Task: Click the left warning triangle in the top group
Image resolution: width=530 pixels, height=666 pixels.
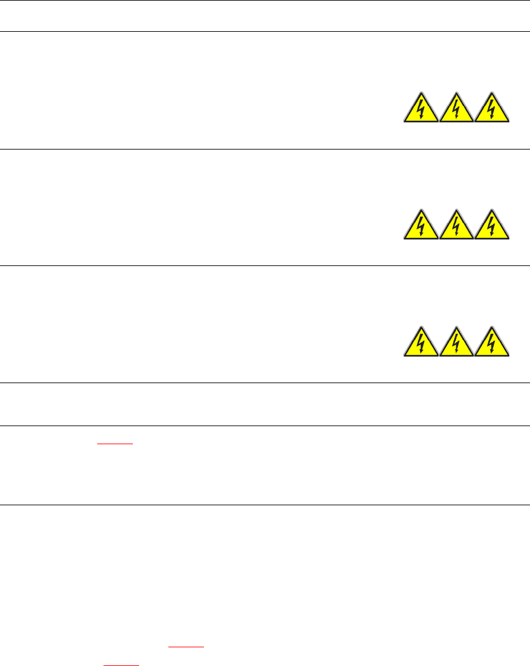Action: (422, 110)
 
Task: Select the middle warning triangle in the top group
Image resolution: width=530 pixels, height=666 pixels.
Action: (457, 110)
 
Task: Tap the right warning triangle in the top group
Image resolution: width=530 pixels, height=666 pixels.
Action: (493, 110)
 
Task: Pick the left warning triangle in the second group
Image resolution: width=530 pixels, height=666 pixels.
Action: (422, 227)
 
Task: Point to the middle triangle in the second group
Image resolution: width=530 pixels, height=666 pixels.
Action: (457, 227)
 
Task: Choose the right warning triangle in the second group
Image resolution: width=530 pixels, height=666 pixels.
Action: (493, 227)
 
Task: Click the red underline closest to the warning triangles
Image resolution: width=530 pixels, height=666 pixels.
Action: (115, 444)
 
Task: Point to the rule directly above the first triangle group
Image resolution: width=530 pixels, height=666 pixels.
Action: (265, 32)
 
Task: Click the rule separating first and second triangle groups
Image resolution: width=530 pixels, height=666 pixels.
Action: (265, 149)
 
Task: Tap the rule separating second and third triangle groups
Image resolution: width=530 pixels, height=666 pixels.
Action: (265, 266)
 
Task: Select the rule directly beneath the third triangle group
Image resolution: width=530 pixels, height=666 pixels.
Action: (265, 383)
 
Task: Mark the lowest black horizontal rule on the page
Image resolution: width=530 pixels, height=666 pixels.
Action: (265, 505)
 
